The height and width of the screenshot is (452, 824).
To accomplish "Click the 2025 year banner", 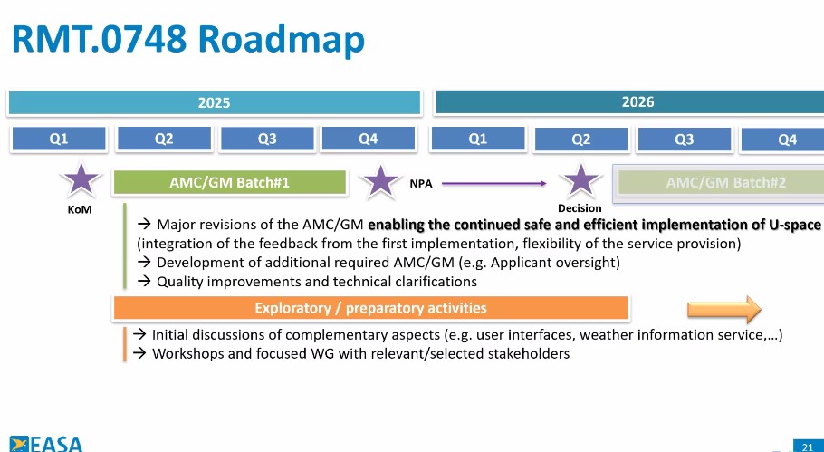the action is point(214,102).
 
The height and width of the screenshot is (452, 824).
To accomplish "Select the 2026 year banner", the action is point(629,102).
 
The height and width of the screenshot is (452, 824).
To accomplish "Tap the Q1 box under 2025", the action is point(58,139).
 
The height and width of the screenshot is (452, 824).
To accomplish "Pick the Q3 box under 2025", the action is point(267,139).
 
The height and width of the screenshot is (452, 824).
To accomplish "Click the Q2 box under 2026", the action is point(580,139).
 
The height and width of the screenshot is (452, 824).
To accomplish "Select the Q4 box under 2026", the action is point(782,139).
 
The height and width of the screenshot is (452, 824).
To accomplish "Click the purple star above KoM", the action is point(81,179).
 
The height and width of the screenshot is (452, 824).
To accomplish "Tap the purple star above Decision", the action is point(580,180).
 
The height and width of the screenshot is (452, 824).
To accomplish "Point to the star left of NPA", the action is point(380,180).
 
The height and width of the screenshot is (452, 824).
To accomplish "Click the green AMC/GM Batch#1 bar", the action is point(230,183).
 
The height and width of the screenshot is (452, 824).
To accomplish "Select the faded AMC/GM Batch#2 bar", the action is point(721,183).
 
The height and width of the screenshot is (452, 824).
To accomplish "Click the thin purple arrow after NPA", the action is point(494,184).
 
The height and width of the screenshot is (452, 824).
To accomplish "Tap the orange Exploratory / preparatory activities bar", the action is point(370,308).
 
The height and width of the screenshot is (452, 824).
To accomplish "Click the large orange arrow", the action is point(724,309).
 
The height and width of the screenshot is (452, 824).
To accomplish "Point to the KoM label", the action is point(80,210).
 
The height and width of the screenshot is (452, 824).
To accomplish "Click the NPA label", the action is point(421,184).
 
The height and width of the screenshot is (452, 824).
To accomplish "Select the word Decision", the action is point(580,208).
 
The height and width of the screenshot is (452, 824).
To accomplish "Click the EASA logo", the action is point(46,444).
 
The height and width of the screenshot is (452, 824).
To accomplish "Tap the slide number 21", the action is point(808,447).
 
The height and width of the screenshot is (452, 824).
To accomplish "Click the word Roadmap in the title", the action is point(282,40).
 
